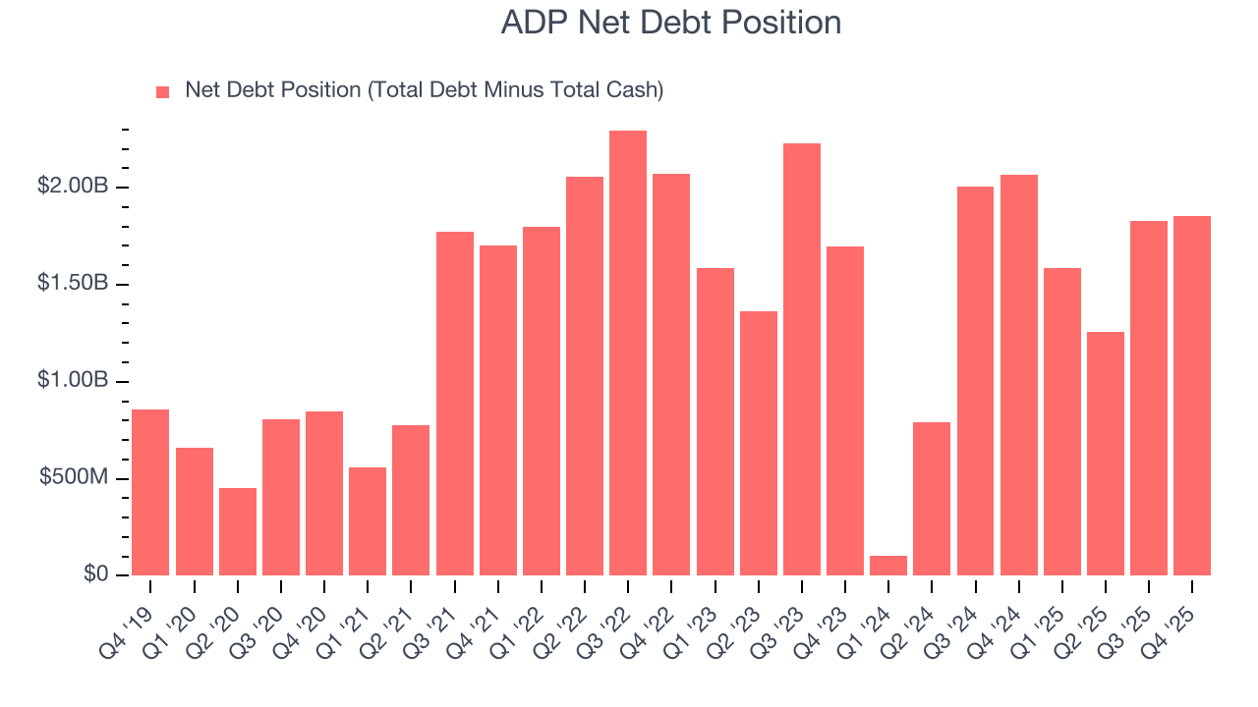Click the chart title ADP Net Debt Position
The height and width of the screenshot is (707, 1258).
coord(670,22)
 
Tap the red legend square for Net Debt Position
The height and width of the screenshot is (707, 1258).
coord(163,91)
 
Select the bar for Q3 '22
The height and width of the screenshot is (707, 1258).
coord(628,353)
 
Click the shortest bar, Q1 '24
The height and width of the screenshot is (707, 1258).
coord(888,566)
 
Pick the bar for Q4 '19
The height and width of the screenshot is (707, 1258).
coord(150,492)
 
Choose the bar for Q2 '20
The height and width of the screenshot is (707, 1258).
coord(238,531)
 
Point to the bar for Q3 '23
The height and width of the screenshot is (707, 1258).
coord(802,359)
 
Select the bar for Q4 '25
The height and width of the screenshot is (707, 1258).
coord(1192,396)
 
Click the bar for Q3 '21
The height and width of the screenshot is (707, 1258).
coord(455,404)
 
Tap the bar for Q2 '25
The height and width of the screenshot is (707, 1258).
coord(1106,454)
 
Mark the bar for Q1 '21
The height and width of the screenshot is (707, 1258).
coord(368,521)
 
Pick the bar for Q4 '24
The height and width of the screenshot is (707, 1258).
coord(1019,375)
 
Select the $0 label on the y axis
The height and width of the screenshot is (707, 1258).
coord(94,574)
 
